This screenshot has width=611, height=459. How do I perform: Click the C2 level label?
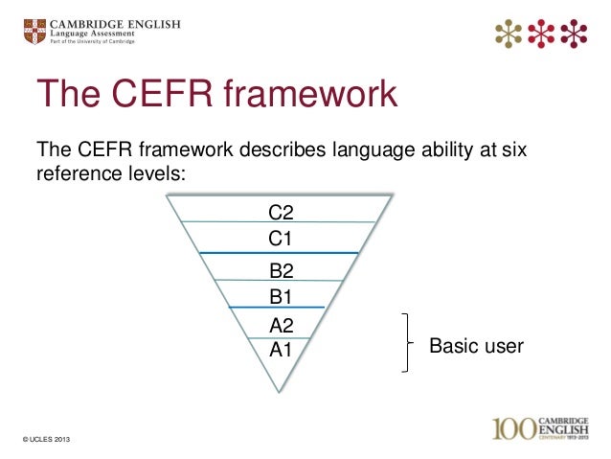[280, 211]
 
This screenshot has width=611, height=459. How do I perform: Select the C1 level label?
[280, 236]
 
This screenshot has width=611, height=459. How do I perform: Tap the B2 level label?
[280, 271]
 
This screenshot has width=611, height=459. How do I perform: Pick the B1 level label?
[280, 296]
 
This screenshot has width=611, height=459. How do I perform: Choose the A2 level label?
[280, 326]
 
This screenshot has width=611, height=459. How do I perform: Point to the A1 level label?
[280, 350]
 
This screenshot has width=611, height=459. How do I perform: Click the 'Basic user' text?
[476, 346]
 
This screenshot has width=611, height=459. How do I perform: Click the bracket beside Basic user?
[410, 343]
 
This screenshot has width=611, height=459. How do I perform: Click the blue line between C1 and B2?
[278, 253]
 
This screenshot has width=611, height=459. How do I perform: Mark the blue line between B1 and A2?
[278, 308]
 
